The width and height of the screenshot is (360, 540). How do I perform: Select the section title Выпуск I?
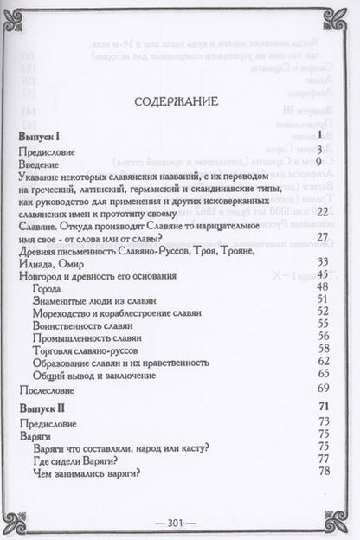click(43, 137)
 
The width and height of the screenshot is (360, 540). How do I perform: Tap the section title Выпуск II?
click(45, 408)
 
